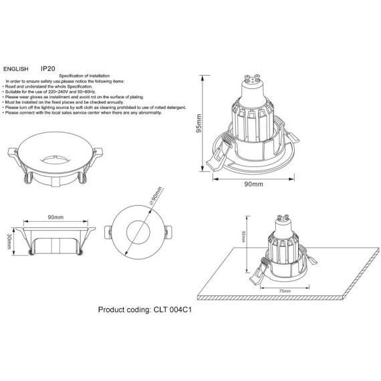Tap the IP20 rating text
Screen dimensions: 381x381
click(47, 68)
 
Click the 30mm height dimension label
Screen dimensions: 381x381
click(8, 241)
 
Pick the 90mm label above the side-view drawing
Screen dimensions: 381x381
click(55, 217)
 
